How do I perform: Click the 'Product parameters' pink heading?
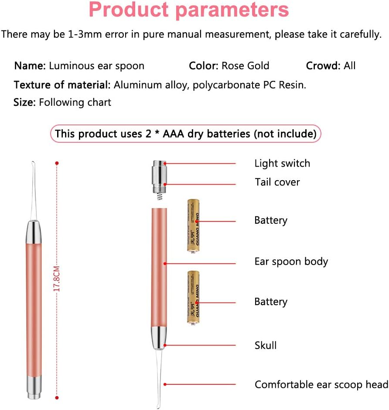[x=189, y=11]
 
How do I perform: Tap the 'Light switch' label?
[x=282, y=164]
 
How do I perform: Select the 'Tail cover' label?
[x=277, y=182]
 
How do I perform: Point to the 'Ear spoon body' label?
[x=291, y=262]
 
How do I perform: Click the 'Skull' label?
[x=266, y=346]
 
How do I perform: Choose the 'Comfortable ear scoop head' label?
[x=321, y=385]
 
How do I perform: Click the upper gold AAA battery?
[x=193, y=226]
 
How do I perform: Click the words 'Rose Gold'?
[x=245, y=66]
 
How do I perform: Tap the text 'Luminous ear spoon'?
[x=96, y=66]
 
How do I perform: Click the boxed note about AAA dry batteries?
[x=186, y=134]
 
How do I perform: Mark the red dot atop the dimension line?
[x=57, y=163]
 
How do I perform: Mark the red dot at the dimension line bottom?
[x=57, y=397]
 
